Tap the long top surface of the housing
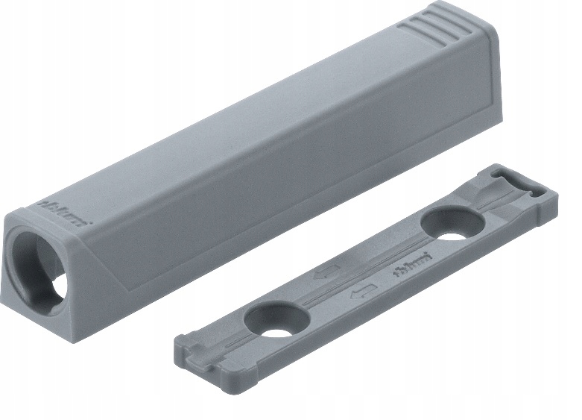[x=246, y=119]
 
